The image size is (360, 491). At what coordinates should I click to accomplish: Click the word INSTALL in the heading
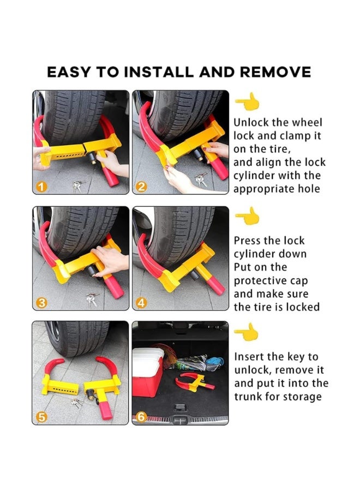[159, 72]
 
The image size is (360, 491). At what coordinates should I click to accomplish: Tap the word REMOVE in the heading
[275, 72]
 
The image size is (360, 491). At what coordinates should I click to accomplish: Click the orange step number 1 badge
[41, 187]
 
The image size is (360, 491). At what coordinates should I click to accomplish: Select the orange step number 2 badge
[141, 187]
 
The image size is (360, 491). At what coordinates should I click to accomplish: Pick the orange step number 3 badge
[41, 303]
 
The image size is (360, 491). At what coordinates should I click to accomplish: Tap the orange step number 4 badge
[141, 303]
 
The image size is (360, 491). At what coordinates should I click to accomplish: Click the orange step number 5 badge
[41, 417]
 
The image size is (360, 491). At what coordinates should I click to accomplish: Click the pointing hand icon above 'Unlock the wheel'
[248, 101]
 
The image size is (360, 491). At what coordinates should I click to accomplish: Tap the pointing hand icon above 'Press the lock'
[248, 216]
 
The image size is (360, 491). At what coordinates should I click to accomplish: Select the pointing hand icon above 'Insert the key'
[247, 332]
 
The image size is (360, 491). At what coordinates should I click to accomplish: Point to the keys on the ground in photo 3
[92, 299]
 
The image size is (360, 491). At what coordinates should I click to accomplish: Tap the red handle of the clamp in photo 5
[105, 411]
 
